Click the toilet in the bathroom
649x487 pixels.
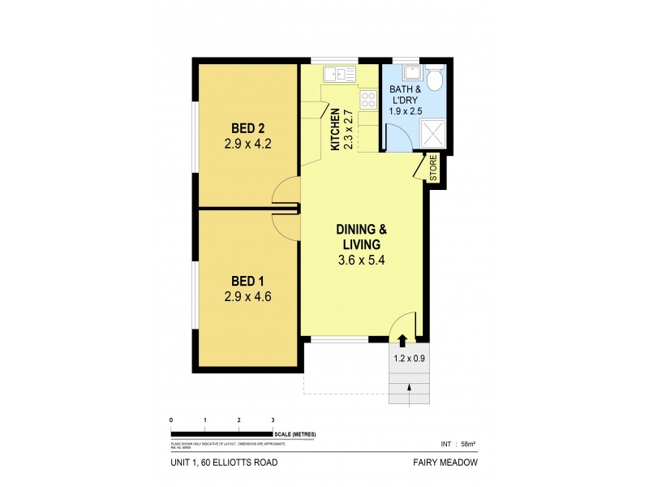pos(435,79)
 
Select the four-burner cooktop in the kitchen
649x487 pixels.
pos(368,101)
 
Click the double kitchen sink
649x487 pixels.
pos(339,75)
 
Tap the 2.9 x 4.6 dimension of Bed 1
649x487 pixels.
pos(248,296)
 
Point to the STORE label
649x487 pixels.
pos(433,168)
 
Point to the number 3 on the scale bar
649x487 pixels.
pos(273,420)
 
